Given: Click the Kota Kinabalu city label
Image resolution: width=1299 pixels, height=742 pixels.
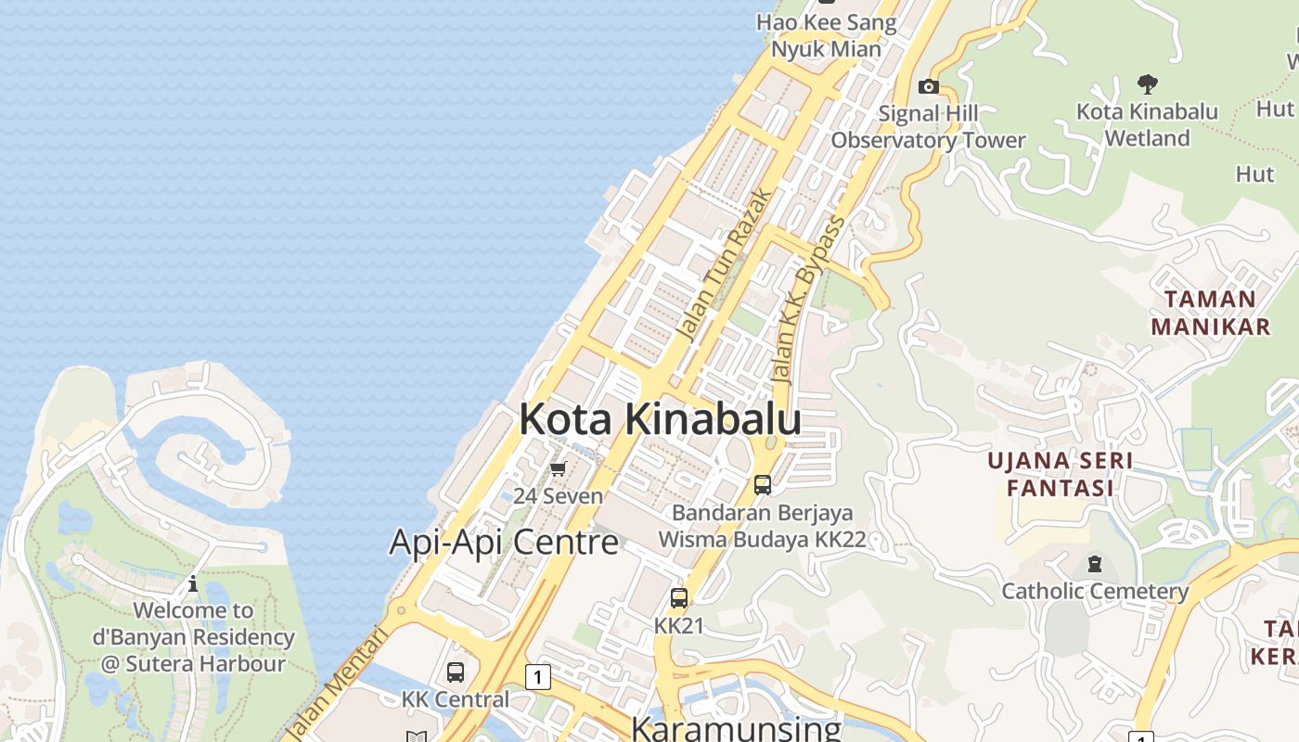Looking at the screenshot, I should pyautogui.click(x=660, y=419).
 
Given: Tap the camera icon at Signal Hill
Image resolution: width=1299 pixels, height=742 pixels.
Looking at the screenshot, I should pyautogui.click(x=928, y=87).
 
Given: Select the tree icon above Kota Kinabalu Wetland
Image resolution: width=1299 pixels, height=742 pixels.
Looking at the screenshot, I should pyautogui.click(x=1148, y=84).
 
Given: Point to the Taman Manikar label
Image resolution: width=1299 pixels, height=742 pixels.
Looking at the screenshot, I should pyautogui.click(x=1210, y=313).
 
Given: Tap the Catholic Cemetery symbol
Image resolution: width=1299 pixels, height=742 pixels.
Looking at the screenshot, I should pyautogui.click(x=1095, y=564).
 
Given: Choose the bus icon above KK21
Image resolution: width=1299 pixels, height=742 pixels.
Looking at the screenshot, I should pyautogui.click(x=679, y=598).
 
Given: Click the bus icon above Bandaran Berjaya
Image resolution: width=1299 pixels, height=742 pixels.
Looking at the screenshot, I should pyautogui.click(x=763, y=484).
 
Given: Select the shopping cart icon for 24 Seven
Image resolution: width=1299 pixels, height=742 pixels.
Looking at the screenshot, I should pyautogui.click(x=558, y=469).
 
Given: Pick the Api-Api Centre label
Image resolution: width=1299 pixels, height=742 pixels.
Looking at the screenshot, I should pyautogui.click(x=504, y=542).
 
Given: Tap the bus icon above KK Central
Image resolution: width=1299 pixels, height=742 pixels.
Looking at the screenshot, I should pyautogui.click(x=456, y=672).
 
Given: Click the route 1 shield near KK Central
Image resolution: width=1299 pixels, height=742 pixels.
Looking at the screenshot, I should pyautogui.click(x=537, y=677).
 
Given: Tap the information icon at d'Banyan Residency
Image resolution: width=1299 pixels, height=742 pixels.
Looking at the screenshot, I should pyautogui.click(x=193, y=584).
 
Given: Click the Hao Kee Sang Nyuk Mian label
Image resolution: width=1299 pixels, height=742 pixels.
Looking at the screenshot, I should pyautogui.click(x=826, y=35).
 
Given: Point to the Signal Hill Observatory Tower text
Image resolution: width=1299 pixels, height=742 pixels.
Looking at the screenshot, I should pyautogui.click(x=928, y=127).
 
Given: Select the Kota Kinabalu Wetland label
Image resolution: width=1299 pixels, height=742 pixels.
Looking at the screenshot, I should pyautogui.click(x=1147, y=124).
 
